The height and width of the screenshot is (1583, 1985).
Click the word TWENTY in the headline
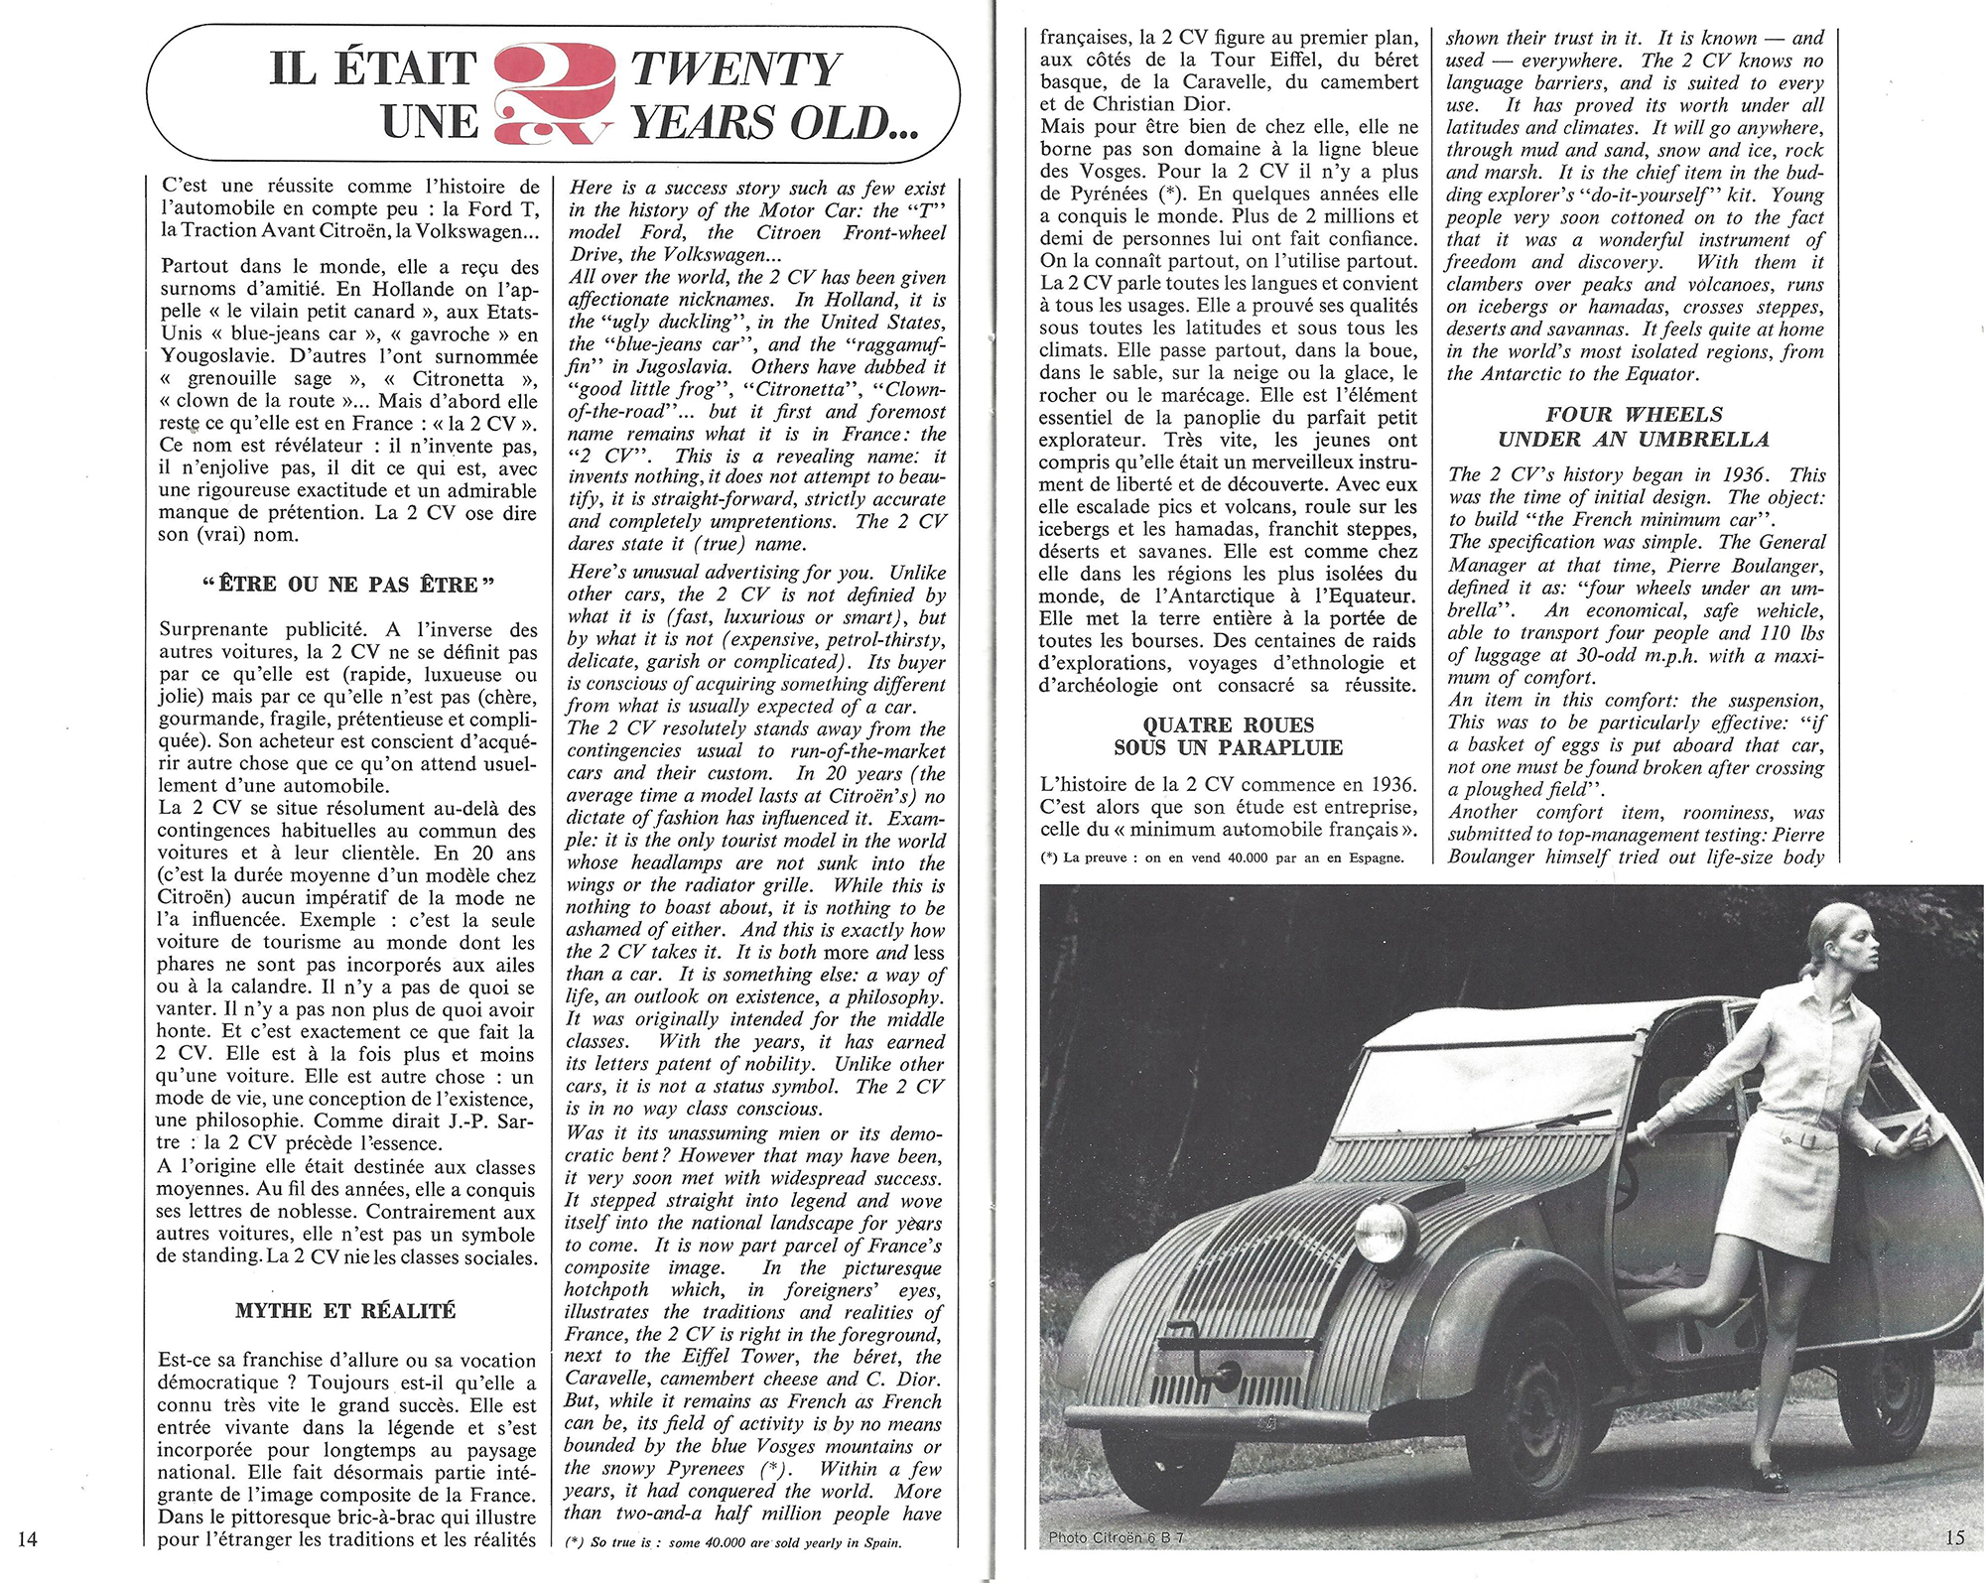735,69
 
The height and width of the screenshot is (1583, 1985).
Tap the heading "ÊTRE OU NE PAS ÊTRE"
347,585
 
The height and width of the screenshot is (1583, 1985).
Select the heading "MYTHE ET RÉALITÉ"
345,1311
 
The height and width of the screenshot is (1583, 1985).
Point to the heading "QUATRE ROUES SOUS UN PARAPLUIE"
1228,736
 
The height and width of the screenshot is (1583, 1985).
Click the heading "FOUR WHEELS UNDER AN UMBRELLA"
1634,427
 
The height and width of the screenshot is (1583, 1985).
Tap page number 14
27,1538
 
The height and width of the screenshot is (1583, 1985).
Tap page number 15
1954,1537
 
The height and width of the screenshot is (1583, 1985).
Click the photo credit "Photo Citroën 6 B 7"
1116,1537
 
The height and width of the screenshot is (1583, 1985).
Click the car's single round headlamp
1381,1234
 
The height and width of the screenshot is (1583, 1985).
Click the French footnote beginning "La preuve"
1223,857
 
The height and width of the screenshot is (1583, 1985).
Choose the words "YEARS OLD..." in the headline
775,123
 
